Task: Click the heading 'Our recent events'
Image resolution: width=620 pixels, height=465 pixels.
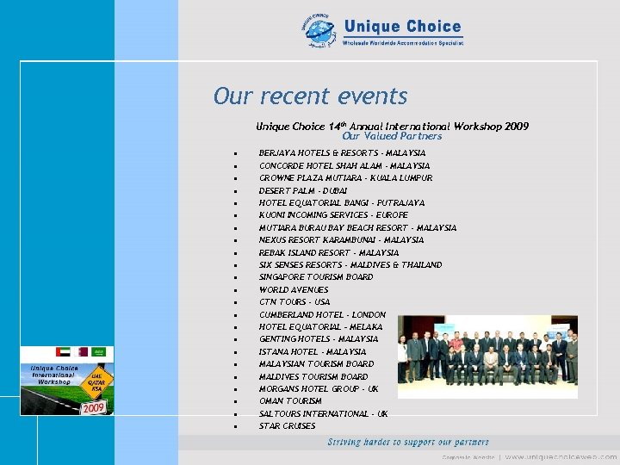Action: coord(310,96)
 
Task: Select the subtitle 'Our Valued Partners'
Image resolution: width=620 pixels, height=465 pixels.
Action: coord(392,136)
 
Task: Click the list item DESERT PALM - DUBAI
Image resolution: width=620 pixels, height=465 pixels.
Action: coord(303,190)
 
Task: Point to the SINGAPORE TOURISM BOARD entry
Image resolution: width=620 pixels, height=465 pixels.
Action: coord(316,277)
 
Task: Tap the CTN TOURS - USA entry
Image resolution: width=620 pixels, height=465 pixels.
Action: coord(294,302)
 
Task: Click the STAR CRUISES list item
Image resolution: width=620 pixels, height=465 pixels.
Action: coord(288,426)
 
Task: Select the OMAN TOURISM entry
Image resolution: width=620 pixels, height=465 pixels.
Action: coord(290,401)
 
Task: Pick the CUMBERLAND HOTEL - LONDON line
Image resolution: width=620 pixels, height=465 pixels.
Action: coord(322,315)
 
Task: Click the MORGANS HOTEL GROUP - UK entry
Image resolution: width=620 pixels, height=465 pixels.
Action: coord(319,389)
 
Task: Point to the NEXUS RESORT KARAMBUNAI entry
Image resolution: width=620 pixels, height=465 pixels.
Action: coord(342,240)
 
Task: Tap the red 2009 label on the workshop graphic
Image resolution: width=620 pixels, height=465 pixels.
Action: coord(93,407)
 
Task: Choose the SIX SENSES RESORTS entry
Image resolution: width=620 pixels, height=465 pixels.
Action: coord(350,265)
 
